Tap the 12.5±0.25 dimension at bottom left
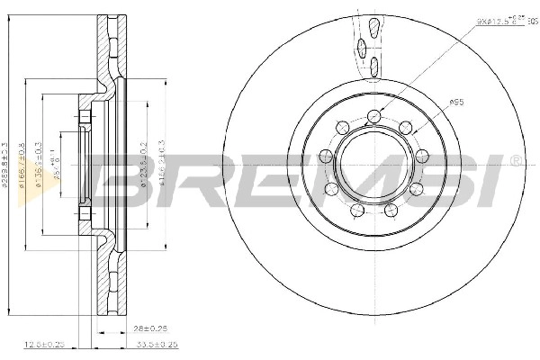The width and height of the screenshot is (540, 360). pos(46,344)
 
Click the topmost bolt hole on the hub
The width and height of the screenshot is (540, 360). pos(373,116)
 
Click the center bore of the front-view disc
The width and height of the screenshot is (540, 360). pos(373,168)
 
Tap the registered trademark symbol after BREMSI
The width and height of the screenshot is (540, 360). pos(515,160)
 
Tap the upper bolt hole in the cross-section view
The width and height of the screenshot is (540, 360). pos(84,118)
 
